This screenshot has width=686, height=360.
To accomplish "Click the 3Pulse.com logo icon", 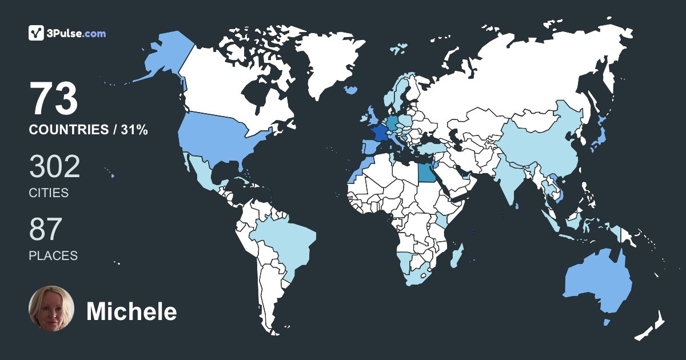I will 37,33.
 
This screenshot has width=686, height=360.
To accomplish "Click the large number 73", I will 54,99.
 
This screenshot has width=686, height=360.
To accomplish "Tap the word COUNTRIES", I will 68,130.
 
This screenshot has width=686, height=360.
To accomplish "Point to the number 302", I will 54,167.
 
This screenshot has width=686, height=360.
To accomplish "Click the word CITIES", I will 49,193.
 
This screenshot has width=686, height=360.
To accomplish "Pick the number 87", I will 45,230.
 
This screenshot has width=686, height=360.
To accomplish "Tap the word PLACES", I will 53,255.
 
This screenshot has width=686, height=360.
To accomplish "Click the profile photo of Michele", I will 51,309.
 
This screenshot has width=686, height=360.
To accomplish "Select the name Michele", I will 131,311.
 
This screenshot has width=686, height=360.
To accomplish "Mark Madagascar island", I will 456,255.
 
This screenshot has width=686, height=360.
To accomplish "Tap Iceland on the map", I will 352,90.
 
